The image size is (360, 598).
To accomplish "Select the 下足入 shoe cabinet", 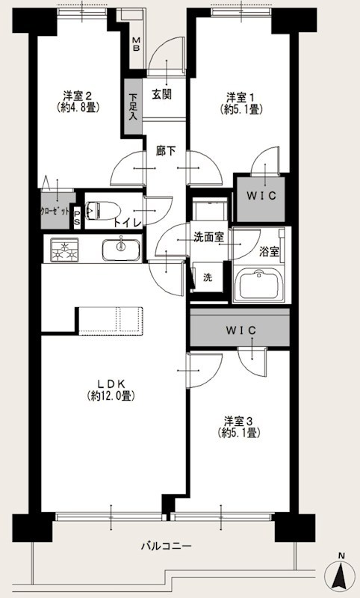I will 133,106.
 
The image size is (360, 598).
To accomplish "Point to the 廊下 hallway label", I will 166,150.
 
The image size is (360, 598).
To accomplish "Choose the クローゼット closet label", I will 55,212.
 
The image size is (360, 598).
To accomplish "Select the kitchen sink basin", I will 117,249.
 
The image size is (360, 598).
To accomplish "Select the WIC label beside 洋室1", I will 258,196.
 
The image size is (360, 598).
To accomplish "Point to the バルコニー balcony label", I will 166,546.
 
